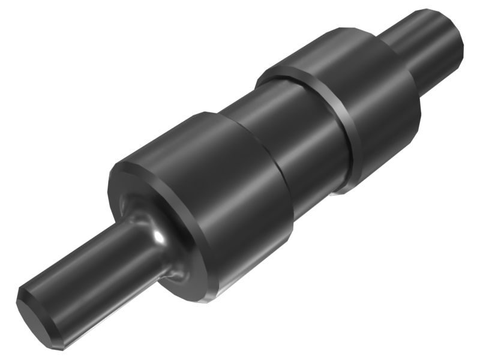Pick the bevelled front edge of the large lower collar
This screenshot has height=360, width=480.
117,174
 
